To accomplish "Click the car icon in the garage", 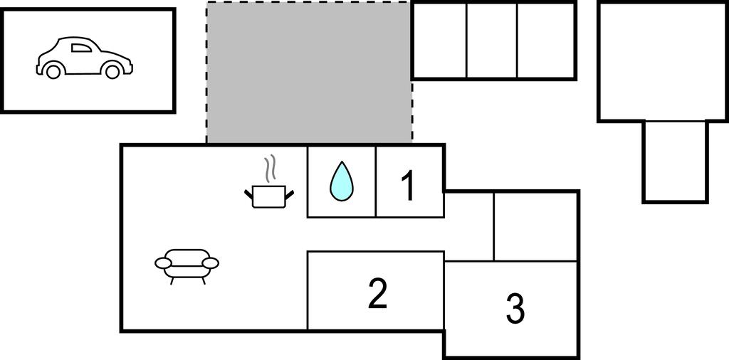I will click(x=84, y=58).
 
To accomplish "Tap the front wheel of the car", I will click(x=112, y=71).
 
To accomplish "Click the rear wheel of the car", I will click(x=53, y=71).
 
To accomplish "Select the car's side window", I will click(x=81, y=48).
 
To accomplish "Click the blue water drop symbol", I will click(x=342, y=181).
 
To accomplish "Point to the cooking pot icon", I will click(x=269, y=196).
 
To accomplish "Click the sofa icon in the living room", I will click(x=187, y=265).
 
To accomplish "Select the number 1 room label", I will click(x=408, y=186).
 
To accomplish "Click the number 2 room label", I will click(x=377, y=293).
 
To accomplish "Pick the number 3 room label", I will click(x=515, y=308).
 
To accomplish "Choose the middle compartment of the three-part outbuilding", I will click(x=492, y=41).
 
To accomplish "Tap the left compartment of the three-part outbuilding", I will click(x=440, y=41).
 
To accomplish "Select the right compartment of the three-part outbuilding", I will click(x=545, y=41).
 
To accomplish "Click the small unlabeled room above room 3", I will click(x=535, y=227).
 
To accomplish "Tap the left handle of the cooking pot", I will click(x=249, y=192).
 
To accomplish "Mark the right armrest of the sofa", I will click(x=210, y=263).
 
